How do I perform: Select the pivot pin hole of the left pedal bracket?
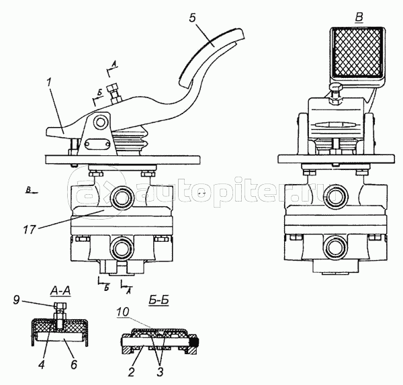100,123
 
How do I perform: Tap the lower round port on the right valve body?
334,246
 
